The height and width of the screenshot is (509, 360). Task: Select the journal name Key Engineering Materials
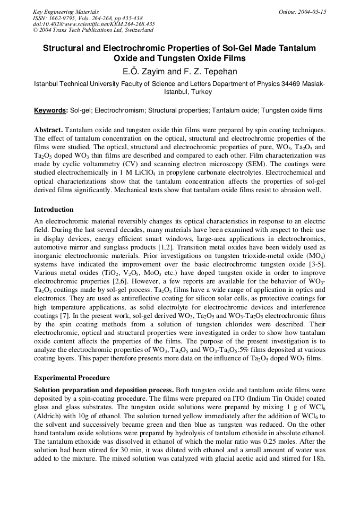(66, 12)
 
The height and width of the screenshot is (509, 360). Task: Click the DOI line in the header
(93, 24)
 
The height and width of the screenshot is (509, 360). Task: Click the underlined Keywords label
(51, 110)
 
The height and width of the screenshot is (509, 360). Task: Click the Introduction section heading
(54, 210)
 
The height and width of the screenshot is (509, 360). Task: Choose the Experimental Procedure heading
(72, 378)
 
